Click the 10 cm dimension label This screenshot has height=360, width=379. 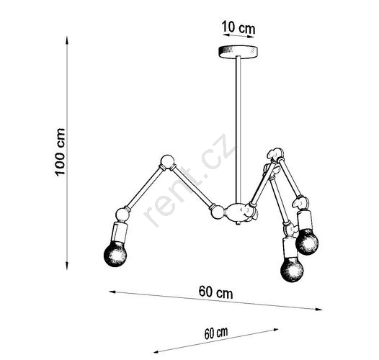[x=238, y=27]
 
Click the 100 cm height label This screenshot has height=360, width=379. [x=60, y=152]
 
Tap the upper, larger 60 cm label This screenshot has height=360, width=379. [x=216, y=292]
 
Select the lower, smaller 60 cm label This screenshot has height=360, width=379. [x=216, y=333]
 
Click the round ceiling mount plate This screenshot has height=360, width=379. [x=238, y=51]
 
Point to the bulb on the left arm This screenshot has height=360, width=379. [x=115, y=254]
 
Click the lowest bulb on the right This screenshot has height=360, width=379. [x=292, y=269]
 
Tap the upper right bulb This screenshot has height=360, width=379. [x=307, y=242]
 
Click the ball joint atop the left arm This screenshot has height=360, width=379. [x=167, y=161]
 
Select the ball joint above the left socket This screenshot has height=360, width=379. [x=122, y=215]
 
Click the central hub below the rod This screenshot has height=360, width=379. [x=238, y=212]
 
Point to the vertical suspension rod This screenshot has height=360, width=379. [x=238, y=130]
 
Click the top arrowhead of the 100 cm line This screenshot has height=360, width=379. [x=67, y=40]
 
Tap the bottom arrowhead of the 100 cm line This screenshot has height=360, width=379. [x=67, y=266]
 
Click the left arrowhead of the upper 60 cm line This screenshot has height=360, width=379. [x=113, y=292]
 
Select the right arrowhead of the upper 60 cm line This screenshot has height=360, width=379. [x=318, y=309]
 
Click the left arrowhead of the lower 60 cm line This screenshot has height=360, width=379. [x=158, y=351]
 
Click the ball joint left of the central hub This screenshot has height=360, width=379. [x=218, y=212]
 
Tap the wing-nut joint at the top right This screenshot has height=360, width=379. [x=275, y=154]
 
